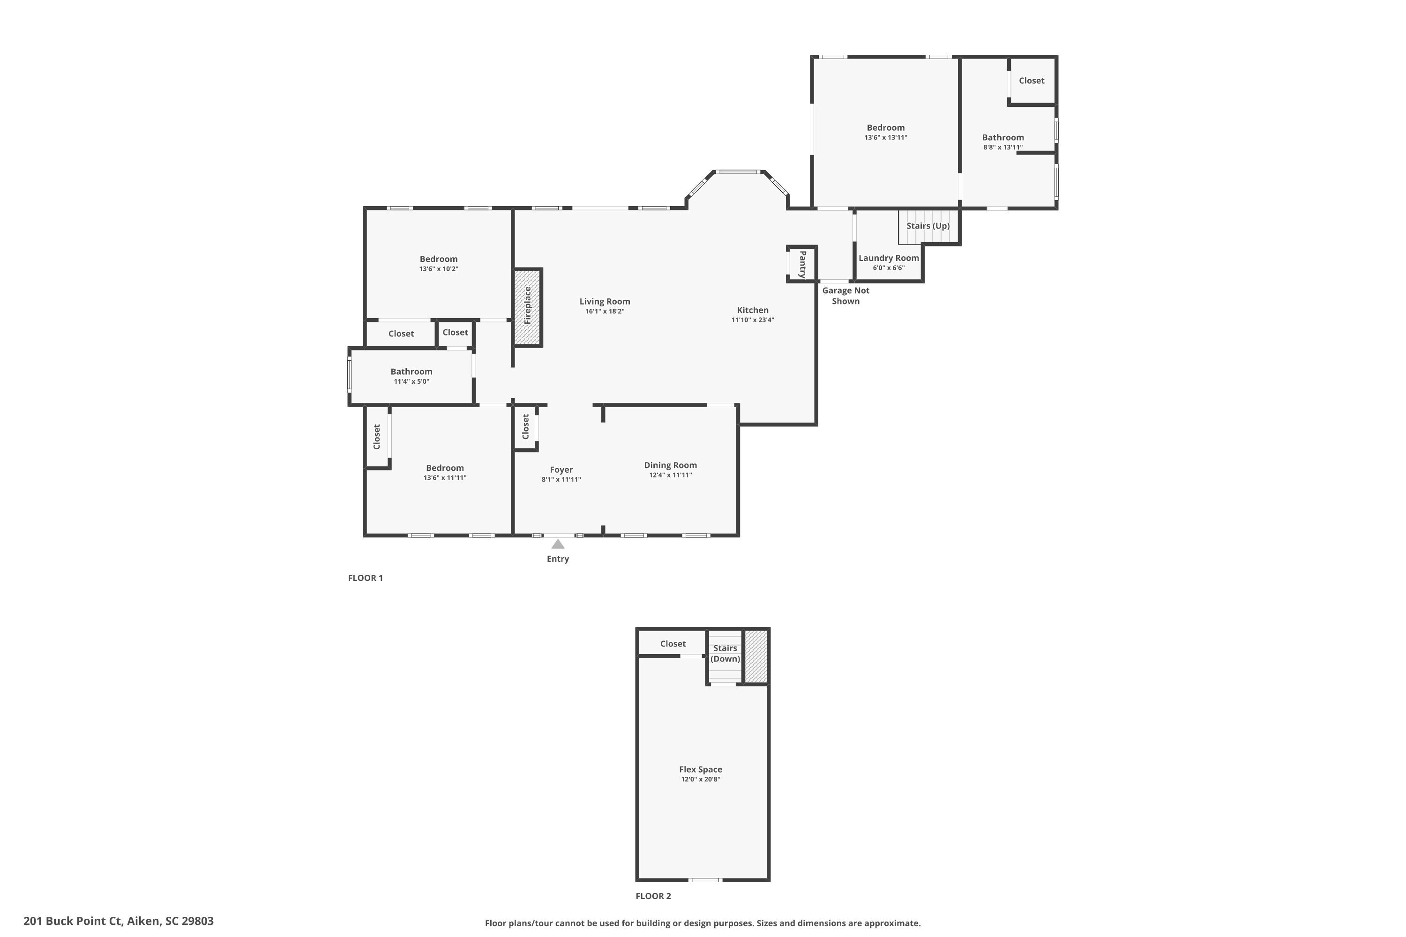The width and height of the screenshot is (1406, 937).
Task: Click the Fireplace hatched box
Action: (527, 307)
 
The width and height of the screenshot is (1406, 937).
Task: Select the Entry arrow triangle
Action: (558, 544)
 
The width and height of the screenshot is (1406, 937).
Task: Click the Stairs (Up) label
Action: (928, 226)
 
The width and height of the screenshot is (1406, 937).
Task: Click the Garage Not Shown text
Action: (845, 296)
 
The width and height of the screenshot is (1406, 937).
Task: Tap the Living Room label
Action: (605, 302)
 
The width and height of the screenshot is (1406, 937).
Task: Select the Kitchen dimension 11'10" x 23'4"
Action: (753, 320)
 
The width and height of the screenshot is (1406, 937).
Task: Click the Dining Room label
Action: (670, 465)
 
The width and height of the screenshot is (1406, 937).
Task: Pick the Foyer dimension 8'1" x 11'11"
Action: (561, 479)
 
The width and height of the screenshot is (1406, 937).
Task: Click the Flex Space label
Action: (700, 769)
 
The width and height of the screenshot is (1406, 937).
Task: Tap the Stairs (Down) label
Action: (725, 653)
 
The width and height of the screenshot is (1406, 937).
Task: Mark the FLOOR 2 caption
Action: (653, 896)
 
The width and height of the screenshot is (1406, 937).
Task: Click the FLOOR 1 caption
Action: (365, 578)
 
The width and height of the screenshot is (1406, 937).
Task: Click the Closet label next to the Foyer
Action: (525, 427)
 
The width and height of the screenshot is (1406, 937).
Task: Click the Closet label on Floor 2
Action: (673, 644)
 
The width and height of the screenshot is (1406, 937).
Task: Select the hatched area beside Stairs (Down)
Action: (755, 656)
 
